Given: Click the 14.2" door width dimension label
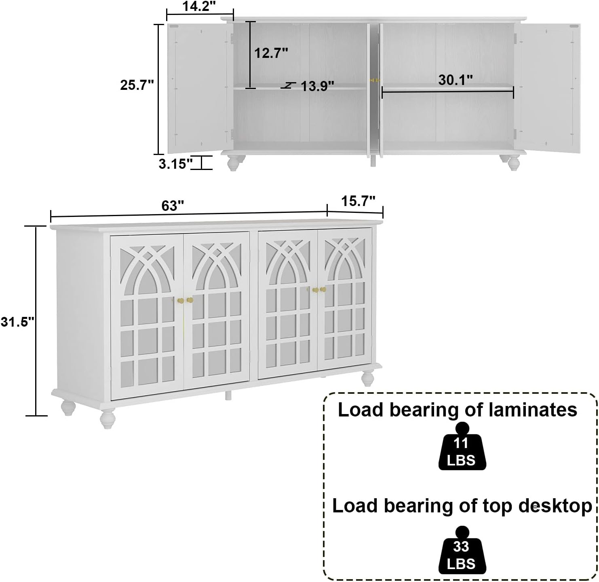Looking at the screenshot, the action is [199, 6].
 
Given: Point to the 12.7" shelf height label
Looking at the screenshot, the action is [271, 53].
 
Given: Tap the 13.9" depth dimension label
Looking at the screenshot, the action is [317, 86].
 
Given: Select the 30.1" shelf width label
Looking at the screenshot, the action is [455, 80].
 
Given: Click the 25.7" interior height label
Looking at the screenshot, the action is [137, 85].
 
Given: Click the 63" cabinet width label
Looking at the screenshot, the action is [173, 206].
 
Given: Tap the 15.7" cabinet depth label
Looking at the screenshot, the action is [358, 201].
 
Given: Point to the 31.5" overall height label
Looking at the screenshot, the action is [17, 321].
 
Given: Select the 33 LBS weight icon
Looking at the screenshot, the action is [462, 550].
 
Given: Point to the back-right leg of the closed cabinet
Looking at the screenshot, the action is [367, 378].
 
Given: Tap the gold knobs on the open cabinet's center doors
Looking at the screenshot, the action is [375, 80].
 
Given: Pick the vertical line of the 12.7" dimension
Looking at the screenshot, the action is [250, 55].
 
